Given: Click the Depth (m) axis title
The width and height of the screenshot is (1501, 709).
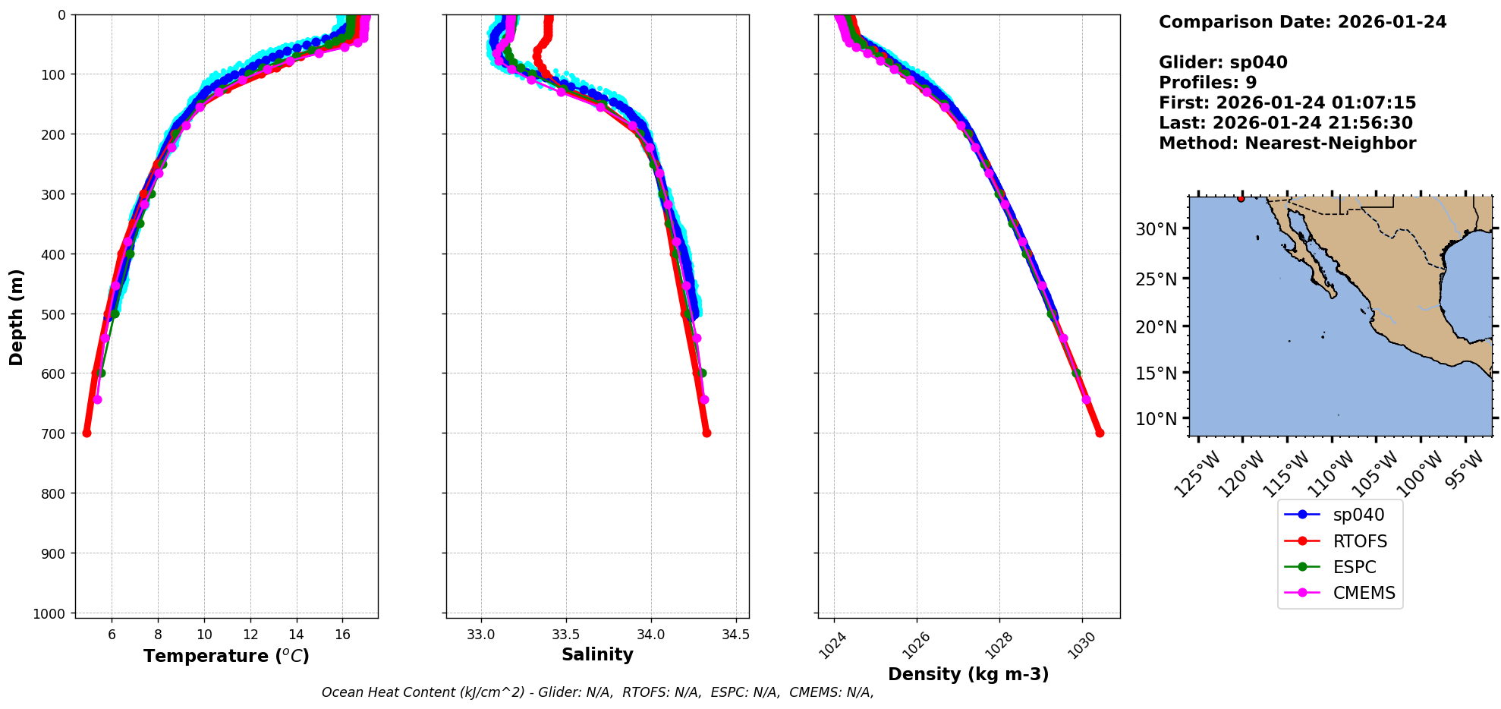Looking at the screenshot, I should point(17,317).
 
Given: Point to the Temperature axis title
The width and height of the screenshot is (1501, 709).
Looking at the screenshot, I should point(226,656).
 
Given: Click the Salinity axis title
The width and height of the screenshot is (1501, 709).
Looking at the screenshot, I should point(597,654).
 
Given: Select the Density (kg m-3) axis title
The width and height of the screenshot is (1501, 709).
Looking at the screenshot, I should point(968,674).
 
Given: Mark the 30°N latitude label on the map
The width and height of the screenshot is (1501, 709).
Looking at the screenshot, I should point(1156,229).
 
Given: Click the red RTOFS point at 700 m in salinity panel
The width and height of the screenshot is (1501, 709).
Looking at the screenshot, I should point(706,433).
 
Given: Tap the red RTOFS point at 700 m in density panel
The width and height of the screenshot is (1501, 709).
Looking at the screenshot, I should point(1100,433).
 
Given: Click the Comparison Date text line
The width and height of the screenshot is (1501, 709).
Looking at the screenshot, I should point(1302,22).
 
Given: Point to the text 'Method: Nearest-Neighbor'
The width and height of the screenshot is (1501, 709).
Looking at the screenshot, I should point(1287,143).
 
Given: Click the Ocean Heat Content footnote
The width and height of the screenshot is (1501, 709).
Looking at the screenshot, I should point(597,692).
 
